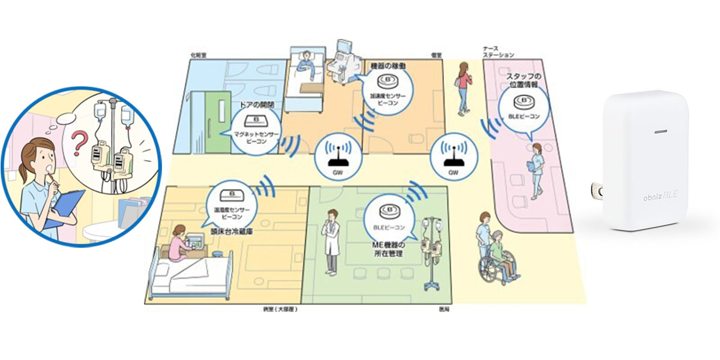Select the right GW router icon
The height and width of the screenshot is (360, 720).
click(x=453, y=158)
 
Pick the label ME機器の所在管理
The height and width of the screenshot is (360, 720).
click(x=392, y=250)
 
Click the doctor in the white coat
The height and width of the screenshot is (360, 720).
click(x=332, y=240)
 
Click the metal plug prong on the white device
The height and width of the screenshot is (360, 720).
click(x=597, y=191)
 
